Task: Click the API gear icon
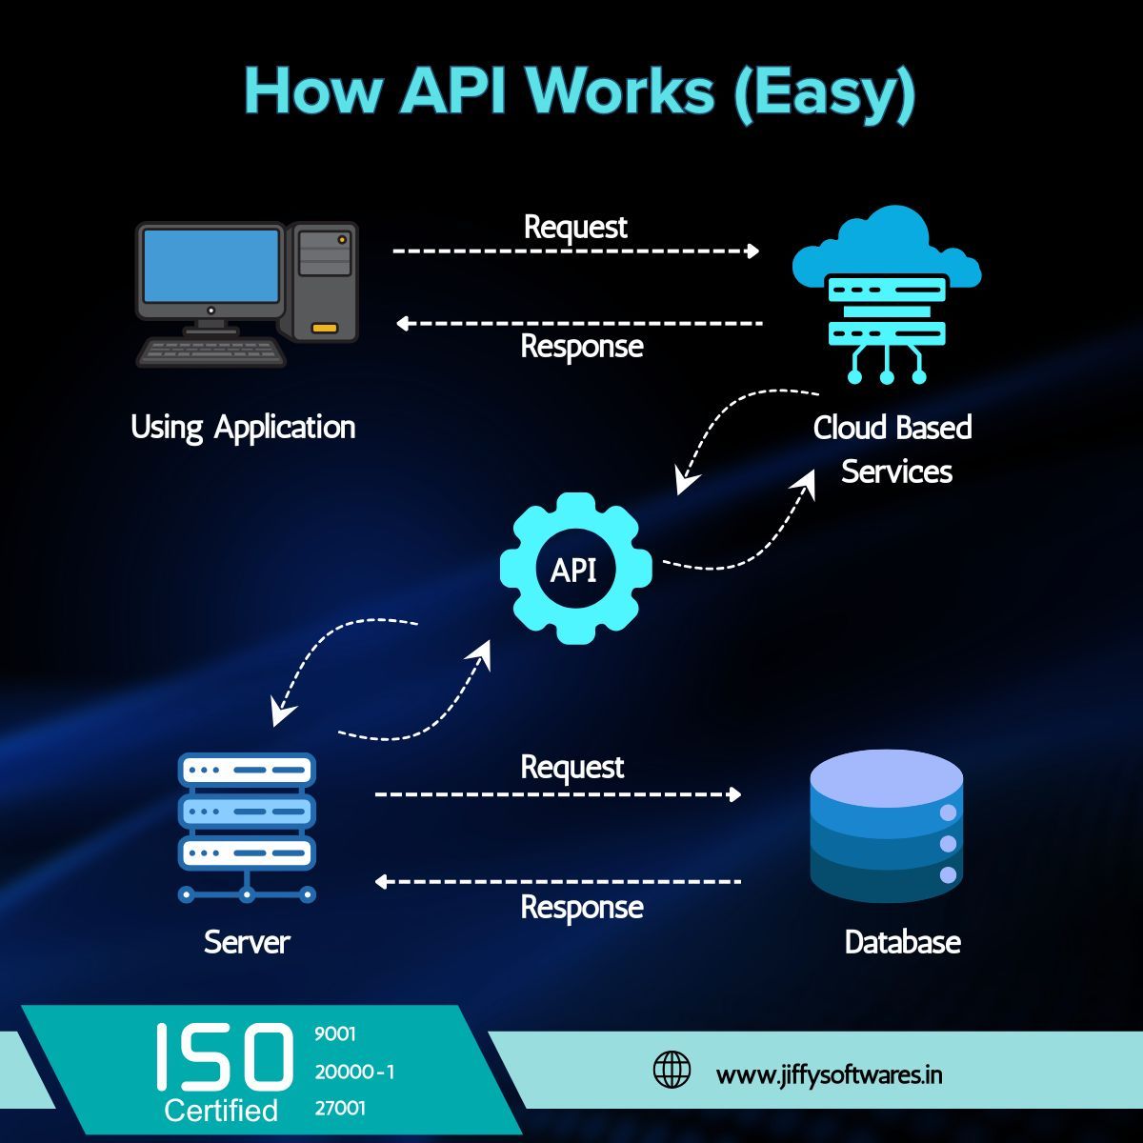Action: click(x=575, y=569)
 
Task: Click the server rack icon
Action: click(x=247, y=825)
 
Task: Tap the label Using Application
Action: click(x=243, y=427)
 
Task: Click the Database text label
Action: click(x=902, y=942)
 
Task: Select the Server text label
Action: click(x=247, y=942)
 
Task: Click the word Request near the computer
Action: click(x=575, y=227)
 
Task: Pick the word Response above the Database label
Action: click(x=581, y=907)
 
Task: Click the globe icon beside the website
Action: click(x=672, y=1070)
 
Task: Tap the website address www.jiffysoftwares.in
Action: click(x=830, y=1074)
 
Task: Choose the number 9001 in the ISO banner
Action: click(x=334, y=1034)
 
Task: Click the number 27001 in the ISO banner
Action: click(x=340, y=1109)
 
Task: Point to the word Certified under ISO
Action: click(x=221, y=1111)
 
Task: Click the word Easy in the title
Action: click(x=824, y=92)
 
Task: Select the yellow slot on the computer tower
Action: click(x=325, y=328)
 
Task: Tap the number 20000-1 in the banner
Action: click(x=354, y=1072)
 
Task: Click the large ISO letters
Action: click(x=225, y=1057)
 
